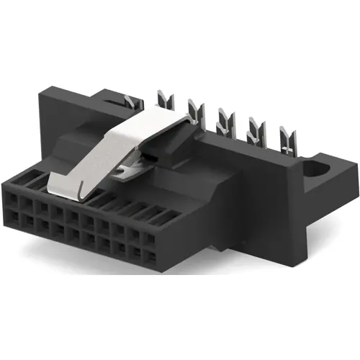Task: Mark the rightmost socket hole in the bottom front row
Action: click(x=153, y=256)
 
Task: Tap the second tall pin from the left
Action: click(x=193, y=112)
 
